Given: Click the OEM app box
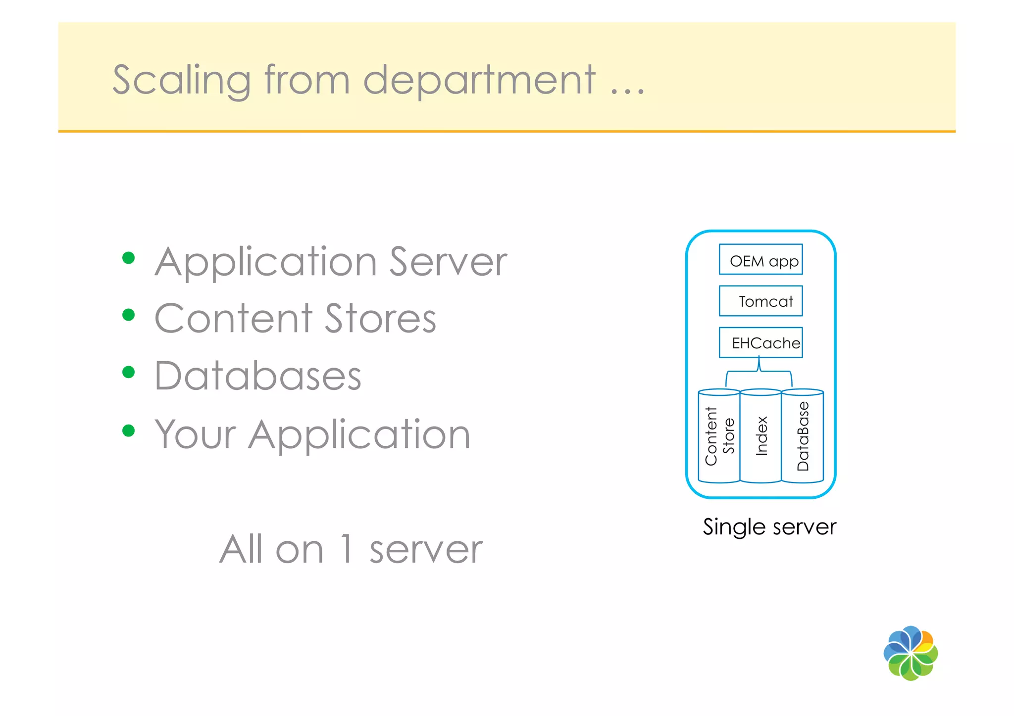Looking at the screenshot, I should tap(760, 259).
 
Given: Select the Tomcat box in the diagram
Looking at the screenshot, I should tap(760, 301).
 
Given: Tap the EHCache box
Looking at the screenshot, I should tap(760, 342).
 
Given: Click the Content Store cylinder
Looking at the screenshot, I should tap(719, 436).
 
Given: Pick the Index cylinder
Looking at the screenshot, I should tap(760, 436).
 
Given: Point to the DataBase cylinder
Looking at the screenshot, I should tap(802, 436).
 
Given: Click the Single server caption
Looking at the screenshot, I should tap(769, 526).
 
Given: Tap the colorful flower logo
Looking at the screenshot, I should tap(911, 653).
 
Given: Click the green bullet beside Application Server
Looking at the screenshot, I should tap(129, 258).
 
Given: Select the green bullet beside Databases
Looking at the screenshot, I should tap(129, 372).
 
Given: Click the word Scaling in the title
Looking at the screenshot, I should tap(181, 80).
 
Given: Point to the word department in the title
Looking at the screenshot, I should tap(479, 80).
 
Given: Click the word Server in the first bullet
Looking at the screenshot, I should tap(448, 262).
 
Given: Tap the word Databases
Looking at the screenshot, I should tap(258, 376).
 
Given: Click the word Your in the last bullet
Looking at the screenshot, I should tap(196, 434).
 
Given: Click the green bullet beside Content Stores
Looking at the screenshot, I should tap(129, 315).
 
